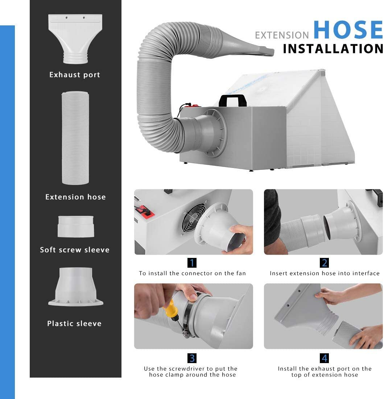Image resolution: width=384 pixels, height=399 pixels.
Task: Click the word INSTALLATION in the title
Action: (x=333, y=49)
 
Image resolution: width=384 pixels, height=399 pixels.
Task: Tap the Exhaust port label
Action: (x=75, y=75)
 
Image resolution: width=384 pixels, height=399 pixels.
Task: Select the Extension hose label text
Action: (x=75, y=197)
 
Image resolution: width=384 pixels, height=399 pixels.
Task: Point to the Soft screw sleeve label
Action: (x=75, y=250)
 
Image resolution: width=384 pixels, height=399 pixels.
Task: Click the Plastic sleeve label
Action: (x=74, y=324)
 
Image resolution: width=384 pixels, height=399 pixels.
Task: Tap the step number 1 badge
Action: (x=192, y=263)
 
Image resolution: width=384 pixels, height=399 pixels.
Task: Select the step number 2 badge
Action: (x=324, y=263)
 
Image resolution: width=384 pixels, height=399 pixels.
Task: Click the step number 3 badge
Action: (x=192, y=358)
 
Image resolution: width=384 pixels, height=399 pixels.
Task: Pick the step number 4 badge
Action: (x=324, y=358)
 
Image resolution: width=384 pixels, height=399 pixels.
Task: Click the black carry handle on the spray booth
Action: (x=233, y=100)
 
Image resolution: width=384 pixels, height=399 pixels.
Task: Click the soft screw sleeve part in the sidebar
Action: (x=76, y=226)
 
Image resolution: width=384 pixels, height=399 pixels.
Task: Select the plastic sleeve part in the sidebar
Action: (x=76, y=286)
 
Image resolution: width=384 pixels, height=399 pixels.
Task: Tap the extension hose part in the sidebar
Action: (x=75, y=138)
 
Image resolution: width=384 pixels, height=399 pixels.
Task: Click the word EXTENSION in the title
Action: (x=282, y=35)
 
